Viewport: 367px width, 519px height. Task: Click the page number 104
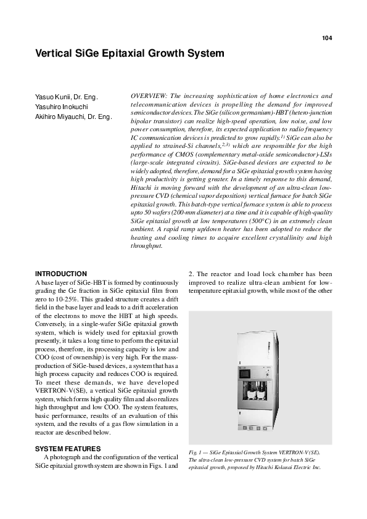[327, 38]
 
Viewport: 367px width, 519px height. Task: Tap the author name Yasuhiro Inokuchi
[61, 107]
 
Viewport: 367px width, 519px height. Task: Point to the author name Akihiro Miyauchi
[65, 116]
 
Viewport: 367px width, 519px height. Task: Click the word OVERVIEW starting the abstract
[149, 96]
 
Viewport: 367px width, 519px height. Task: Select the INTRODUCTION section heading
[61, 274]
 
